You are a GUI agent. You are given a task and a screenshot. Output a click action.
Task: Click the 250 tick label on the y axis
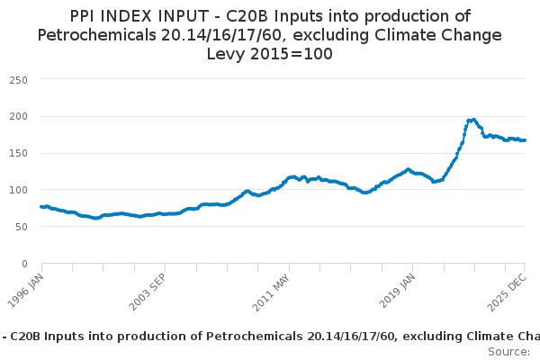pos(19,79)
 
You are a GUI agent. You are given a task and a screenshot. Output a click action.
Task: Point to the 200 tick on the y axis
pos(19,116)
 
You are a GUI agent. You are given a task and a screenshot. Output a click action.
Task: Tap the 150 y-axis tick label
pos(19,153)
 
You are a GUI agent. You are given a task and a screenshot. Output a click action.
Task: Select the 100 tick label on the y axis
pos(19,190)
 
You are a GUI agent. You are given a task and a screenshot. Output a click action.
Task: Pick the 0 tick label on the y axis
pos(24,264)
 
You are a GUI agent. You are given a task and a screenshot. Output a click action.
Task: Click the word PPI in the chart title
pos(86,16)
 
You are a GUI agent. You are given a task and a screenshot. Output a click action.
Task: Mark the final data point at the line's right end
pos(525,140)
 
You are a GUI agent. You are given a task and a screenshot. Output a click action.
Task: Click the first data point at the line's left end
pos(41,207)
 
